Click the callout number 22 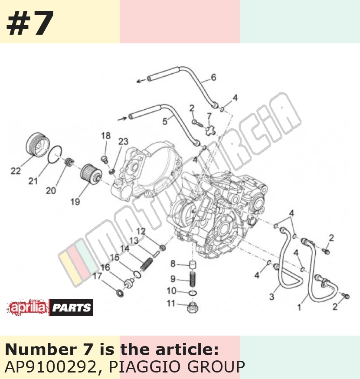[16, 171]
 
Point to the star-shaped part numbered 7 [210, 130]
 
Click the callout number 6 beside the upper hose [213, 77]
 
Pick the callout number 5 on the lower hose [165, 121]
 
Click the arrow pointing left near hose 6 [141, 81]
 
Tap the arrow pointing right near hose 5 [122, 118]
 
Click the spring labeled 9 [193, 279]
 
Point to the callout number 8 [173, 264]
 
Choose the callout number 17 [98, 276]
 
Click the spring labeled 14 [147, 264]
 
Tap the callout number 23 [123, 141]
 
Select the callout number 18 [106, 136]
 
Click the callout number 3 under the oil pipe [272, 297]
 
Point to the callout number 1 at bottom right [299, 307]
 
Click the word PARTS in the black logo [72, 308]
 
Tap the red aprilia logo [28, 307]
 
